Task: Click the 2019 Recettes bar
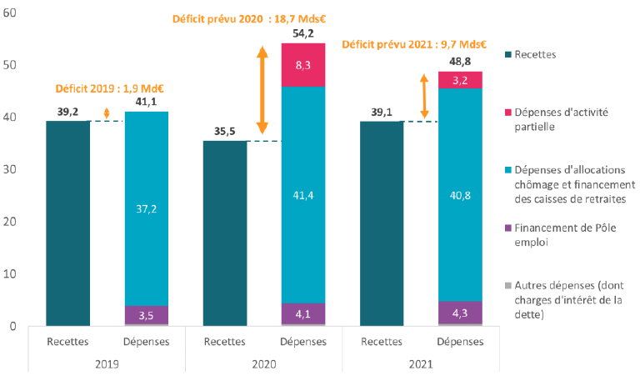click(x=67, y=223)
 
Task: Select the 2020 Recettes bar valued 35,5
click(x=224, y=233)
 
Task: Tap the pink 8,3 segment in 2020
click(x=302, y=64)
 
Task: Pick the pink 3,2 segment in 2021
click(x=459, y=80)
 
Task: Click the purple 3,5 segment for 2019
click(x=146, y=314)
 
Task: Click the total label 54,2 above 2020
click(x=302, y=33)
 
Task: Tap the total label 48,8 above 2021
click(x=459, y=61)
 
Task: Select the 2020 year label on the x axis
click(x=263, y=364)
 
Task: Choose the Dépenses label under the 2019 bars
click(x=146, y=340)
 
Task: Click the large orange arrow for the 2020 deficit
click(x=262, y=92)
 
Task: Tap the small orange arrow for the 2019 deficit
click(x=107, y=115)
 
